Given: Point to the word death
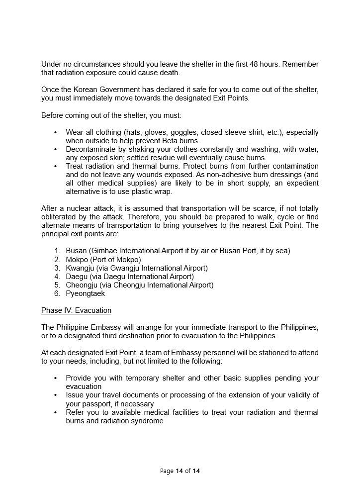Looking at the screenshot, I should [169, 73].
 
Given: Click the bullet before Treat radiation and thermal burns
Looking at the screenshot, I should [55, 166].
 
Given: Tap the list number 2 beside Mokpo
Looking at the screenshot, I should [57, 259].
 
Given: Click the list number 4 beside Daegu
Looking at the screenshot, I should [57, 276].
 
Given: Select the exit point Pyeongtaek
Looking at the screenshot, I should [85, 293].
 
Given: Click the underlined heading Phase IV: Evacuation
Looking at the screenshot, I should [76, 310].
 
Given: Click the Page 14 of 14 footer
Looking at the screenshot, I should [180, 471].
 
